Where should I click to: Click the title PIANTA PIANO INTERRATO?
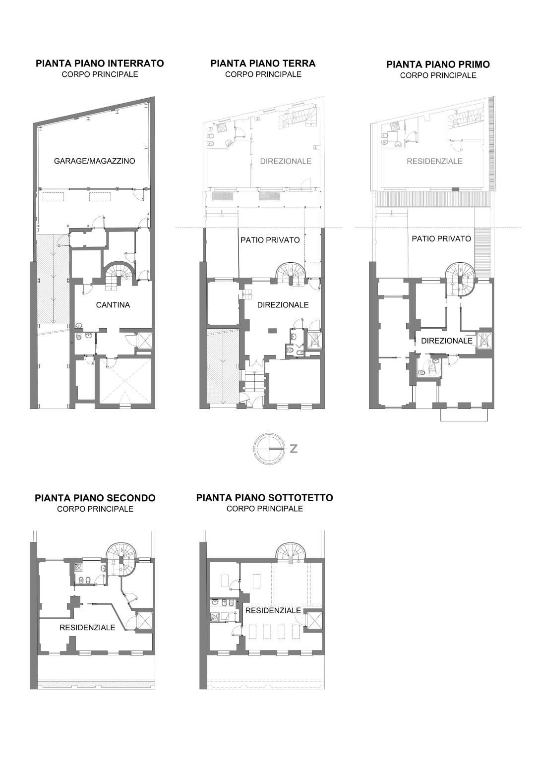100,63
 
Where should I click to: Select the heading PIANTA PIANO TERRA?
263,63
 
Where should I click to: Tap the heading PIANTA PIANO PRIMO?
438,64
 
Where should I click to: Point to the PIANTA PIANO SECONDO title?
95,498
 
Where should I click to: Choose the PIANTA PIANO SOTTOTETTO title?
264,498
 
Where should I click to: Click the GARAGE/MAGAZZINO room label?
95,161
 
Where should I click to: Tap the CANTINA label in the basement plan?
113,305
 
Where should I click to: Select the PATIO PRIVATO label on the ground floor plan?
270,240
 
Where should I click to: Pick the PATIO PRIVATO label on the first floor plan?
441,239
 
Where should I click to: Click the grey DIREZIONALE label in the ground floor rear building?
286,161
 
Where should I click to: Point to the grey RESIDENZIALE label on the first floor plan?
434,161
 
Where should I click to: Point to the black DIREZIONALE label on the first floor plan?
447,341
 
